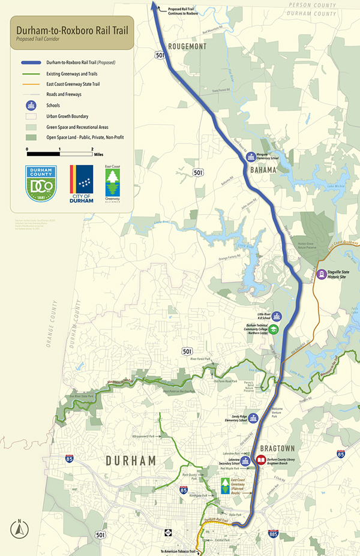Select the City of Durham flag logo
[x=81, y=184]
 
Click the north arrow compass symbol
[x=19, y=528]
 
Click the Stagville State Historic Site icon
[x=322, y=275]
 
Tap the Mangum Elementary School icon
[x=251, y=158]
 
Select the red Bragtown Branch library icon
[x=261, y=460]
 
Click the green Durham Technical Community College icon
[x=273, y=329]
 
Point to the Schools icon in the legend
[x=29, y=106]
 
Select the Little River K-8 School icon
[x=276, y=316]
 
